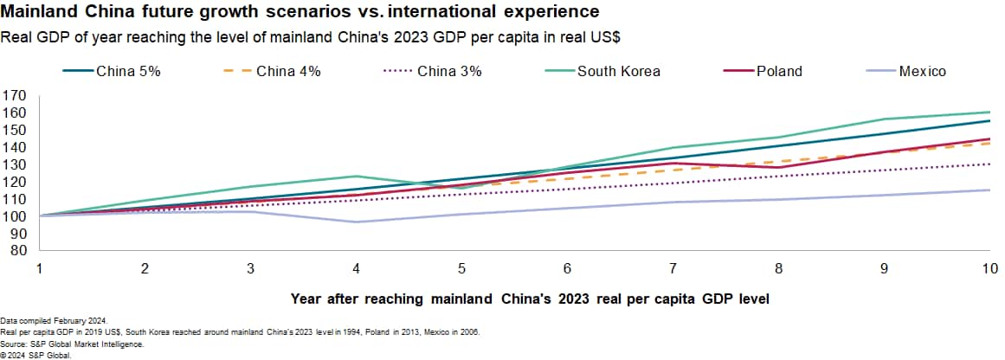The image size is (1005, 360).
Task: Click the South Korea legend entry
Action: tap(618, 72)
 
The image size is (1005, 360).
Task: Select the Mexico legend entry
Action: tap(921, 72)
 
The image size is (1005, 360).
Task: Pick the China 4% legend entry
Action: tap(288, 72)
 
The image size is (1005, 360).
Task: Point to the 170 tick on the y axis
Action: tap(15, 95)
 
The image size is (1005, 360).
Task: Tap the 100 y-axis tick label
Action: tap(15, 216)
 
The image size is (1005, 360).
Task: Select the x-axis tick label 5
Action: tap(461, 269)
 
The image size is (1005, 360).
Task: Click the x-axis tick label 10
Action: tap(988, 269)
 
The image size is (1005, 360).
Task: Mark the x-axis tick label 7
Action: tap(673, 269)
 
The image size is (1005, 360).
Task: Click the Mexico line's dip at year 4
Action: tap(356, 222)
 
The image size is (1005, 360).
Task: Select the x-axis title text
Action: tap(530, 299)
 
